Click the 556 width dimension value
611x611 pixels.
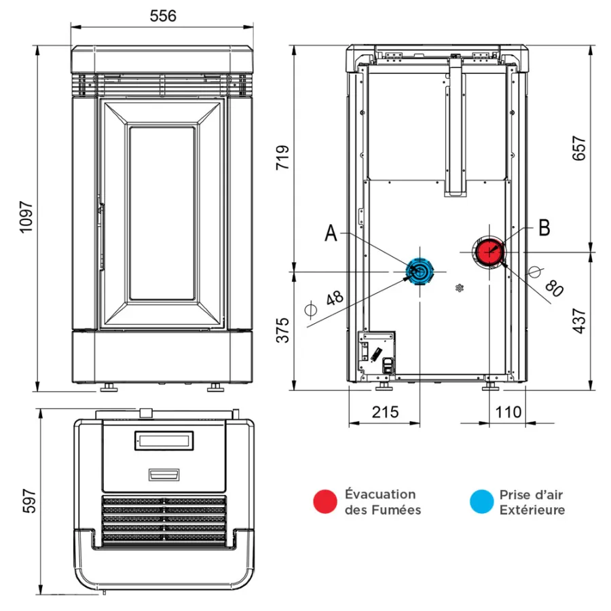pyautogui.click(x=163, y=16)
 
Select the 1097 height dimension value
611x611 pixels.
pyautogui.click(x=26, y=218)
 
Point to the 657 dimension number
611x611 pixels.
pyautogui.click(x=579, y=148)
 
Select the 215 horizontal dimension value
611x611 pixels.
pyautogui.click(x=385, y=411)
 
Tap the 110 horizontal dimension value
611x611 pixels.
pyautogui.click(x=508, y=411)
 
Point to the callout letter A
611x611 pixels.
pyautogui.click(x=331, y=234)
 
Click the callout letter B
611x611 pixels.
pyautogui.click(x=543, y=228)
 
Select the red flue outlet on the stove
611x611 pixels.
pyautogui.click(x=489, y=252)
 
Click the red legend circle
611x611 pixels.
pyautogui.click(x=325, y=501)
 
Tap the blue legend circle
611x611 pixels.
pyautogui.click(x=481, y=501)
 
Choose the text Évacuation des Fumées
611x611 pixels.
pyautogui.click(x=382, y=502)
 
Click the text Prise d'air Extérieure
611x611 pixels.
pyautogui.click(x=532, y=502)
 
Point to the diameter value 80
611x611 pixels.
pyautogui.click(x=554, y=289)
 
